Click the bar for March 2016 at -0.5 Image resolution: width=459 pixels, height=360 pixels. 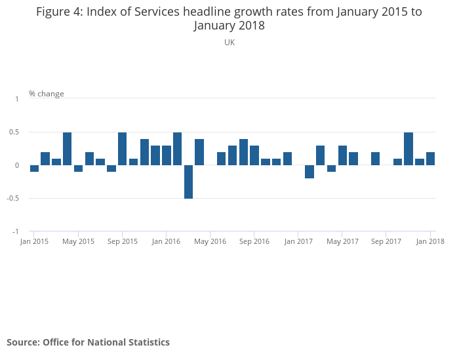tap(188, 182)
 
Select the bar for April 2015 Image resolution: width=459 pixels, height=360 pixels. tap(68, 149)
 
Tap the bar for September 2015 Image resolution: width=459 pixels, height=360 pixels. tap(123, 149)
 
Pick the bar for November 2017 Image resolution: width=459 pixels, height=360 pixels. tap(409, 149)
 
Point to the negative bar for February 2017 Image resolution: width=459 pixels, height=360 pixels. tap(309, 172)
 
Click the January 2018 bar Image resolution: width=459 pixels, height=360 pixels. tap(430, 159)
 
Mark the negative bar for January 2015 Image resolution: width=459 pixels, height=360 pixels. tap(34, 169)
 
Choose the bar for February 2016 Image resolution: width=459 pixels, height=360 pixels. tap(177, 149)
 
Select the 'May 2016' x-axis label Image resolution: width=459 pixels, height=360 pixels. tap(210, 241)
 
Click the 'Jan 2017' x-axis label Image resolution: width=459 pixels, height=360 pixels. tap(298, 241)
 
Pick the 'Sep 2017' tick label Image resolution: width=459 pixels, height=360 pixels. tap(386, 241)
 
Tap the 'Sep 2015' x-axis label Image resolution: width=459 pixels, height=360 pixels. tap(123, 241)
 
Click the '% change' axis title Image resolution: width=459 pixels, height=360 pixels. tap(47, 94)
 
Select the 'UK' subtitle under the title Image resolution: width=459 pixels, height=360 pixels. tap(229, 43)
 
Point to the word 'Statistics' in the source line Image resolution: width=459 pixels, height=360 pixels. tap(148, 342)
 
